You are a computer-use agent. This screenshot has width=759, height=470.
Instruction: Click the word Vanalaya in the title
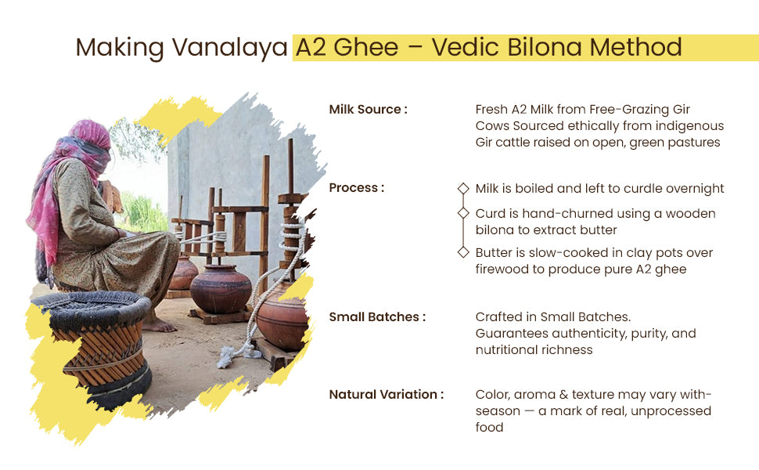click(x=229, y=48)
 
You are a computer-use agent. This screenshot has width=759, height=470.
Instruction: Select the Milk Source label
click(x=368, y=110)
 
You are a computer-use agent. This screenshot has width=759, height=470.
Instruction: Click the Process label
click(x=357, y=187)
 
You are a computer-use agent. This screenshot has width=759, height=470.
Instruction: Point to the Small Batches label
click(x=377, y=317)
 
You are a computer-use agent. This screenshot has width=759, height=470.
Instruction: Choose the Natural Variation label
click(x=387, y=395)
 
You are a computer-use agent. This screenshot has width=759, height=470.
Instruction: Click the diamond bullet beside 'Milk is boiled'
click(x=463, y=188)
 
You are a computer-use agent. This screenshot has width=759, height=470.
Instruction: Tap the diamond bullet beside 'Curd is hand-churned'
click(x=463, y=213)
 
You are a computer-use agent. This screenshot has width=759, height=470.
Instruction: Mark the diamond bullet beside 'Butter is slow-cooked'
click(x=463, y=252)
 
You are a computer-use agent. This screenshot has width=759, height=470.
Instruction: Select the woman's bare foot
click(x=159, y=325)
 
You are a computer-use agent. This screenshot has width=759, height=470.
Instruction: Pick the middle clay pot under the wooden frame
click(x=220, y=289)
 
